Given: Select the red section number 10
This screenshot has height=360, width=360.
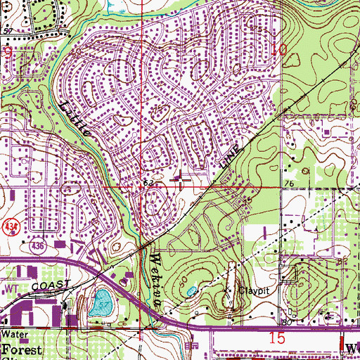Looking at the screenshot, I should pos(279,49).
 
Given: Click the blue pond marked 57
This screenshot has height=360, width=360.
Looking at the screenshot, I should pos(101,304).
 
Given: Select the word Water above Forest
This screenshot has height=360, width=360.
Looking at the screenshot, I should pos(12,335).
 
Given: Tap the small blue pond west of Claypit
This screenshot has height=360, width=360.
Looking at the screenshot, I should pos(191,290).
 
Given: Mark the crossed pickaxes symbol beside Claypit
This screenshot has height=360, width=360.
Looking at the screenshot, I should pos(226,288).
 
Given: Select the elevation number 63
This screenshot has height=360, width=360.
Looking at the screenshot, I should pos(148,183).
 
